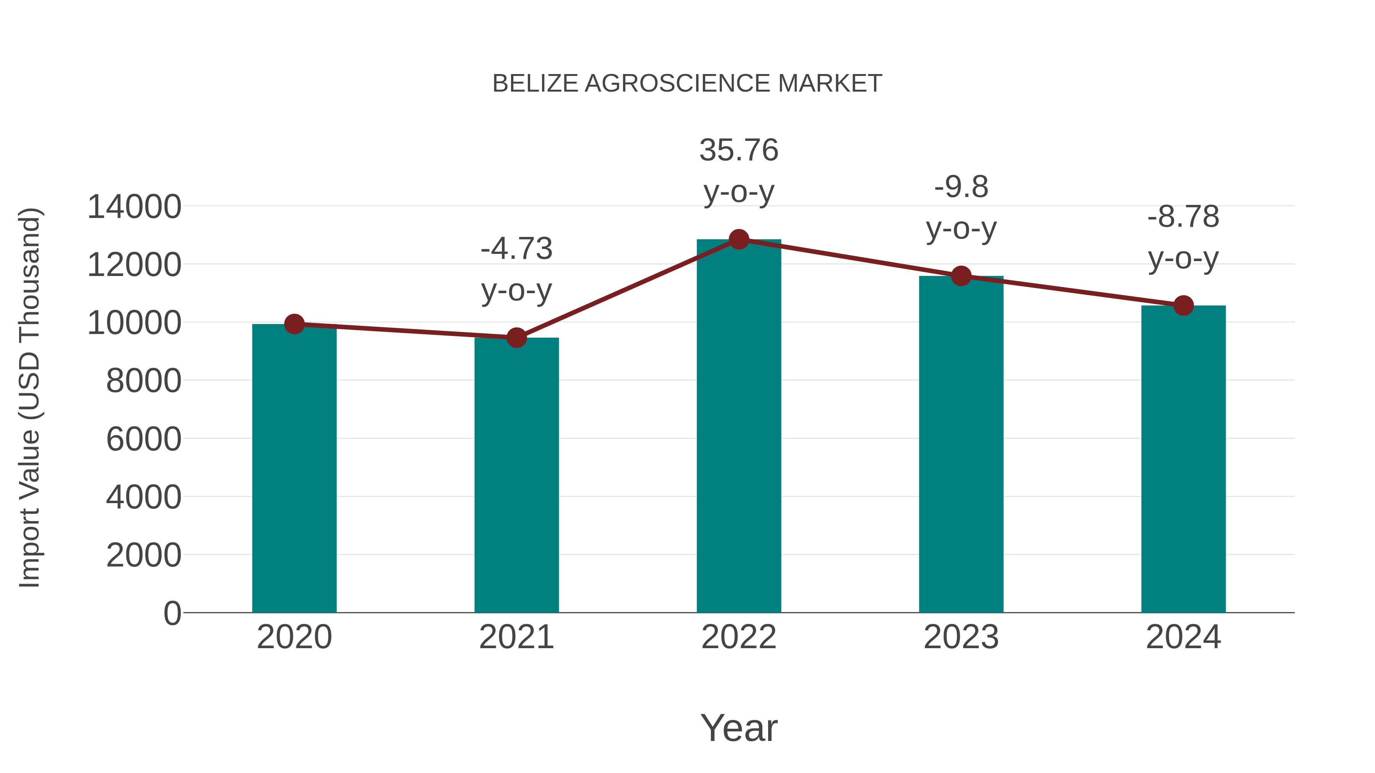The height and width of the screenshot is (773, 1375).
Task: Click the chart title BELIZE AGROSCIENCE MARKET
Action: [687, 84]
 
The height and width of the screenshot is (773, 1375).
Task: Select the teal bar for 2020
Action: [294, 470]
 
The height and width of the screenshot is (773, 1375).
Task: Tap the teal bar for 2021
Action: [516, 475]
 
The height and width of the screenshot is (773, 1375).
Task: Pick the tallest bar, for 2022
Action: [739, 427]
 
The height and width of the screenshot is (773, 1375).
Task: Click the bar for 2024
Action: [1183, 459]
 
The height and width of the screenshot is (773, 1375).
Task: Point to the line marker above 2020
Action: [294, 324]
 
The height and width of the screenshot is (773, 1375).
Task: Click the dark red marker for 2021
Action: [516, 338]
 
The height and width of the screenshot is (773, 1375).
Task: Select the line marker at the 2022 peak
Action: [739, 239]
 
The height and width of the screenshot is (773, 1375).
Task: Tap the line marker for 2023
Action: [961, 276]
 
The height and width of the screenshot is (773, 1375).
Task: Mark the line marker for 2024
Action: [1183, 306]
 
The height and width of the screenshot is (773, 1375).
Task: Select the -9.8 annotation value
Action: [961, 187]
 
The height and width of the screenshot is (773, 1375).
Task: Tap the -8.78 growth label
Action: [1183, 217]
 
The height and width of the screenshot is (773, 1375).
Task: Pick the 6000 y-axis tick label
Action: [144, 440]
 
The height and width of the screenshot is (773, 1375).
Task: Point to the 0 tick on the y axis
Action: [172, 613]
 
